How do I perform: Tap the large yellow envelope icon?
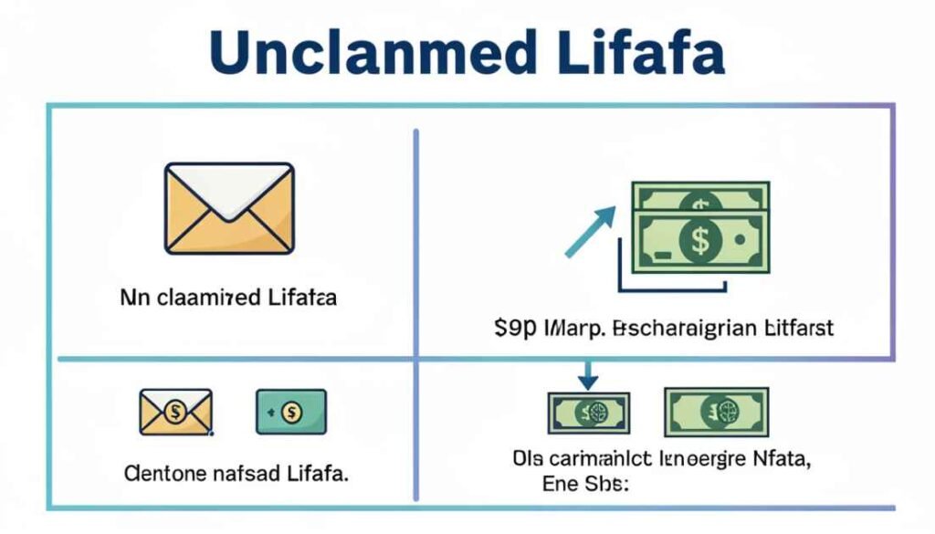tap(228, 206)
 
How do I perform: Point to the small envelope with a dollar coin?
tap(175, 411)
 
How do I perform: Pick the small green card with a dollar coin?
tap(291, 412)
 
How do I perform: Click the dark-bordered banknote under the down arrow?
tap(588, 413)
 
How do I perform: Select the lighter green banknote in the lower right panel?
tap(717, 412)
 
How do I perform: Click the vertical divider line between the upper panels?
tap(416, 237)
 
